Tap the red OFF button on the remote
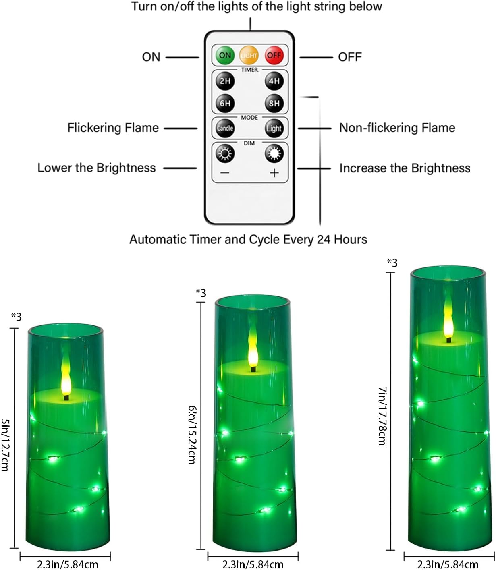[x=274, y=55]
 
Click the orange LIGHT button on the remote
[x=249, y=56]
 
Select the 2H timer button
[x=225, y=81]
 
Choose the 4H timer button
[x=274, y=81]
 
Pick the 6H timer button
[x=225, y=103]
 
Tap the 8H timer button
[x=274, y=103]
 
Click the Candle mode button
[x=225, y=128]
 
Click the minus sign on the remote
[x=225, y=173]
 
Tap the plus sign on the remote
[x=274, y=173]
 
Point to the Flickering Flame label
[x=113, y=128]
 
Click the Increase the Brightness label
[x=405, y=168]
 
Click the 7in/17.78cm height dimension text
[x=382, y=416]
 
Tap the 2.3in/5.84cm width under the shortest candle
[x=67, y=564]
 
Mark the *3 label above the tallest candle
[x=392, y=263]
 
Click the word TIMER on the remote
[x=249, y=70]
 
